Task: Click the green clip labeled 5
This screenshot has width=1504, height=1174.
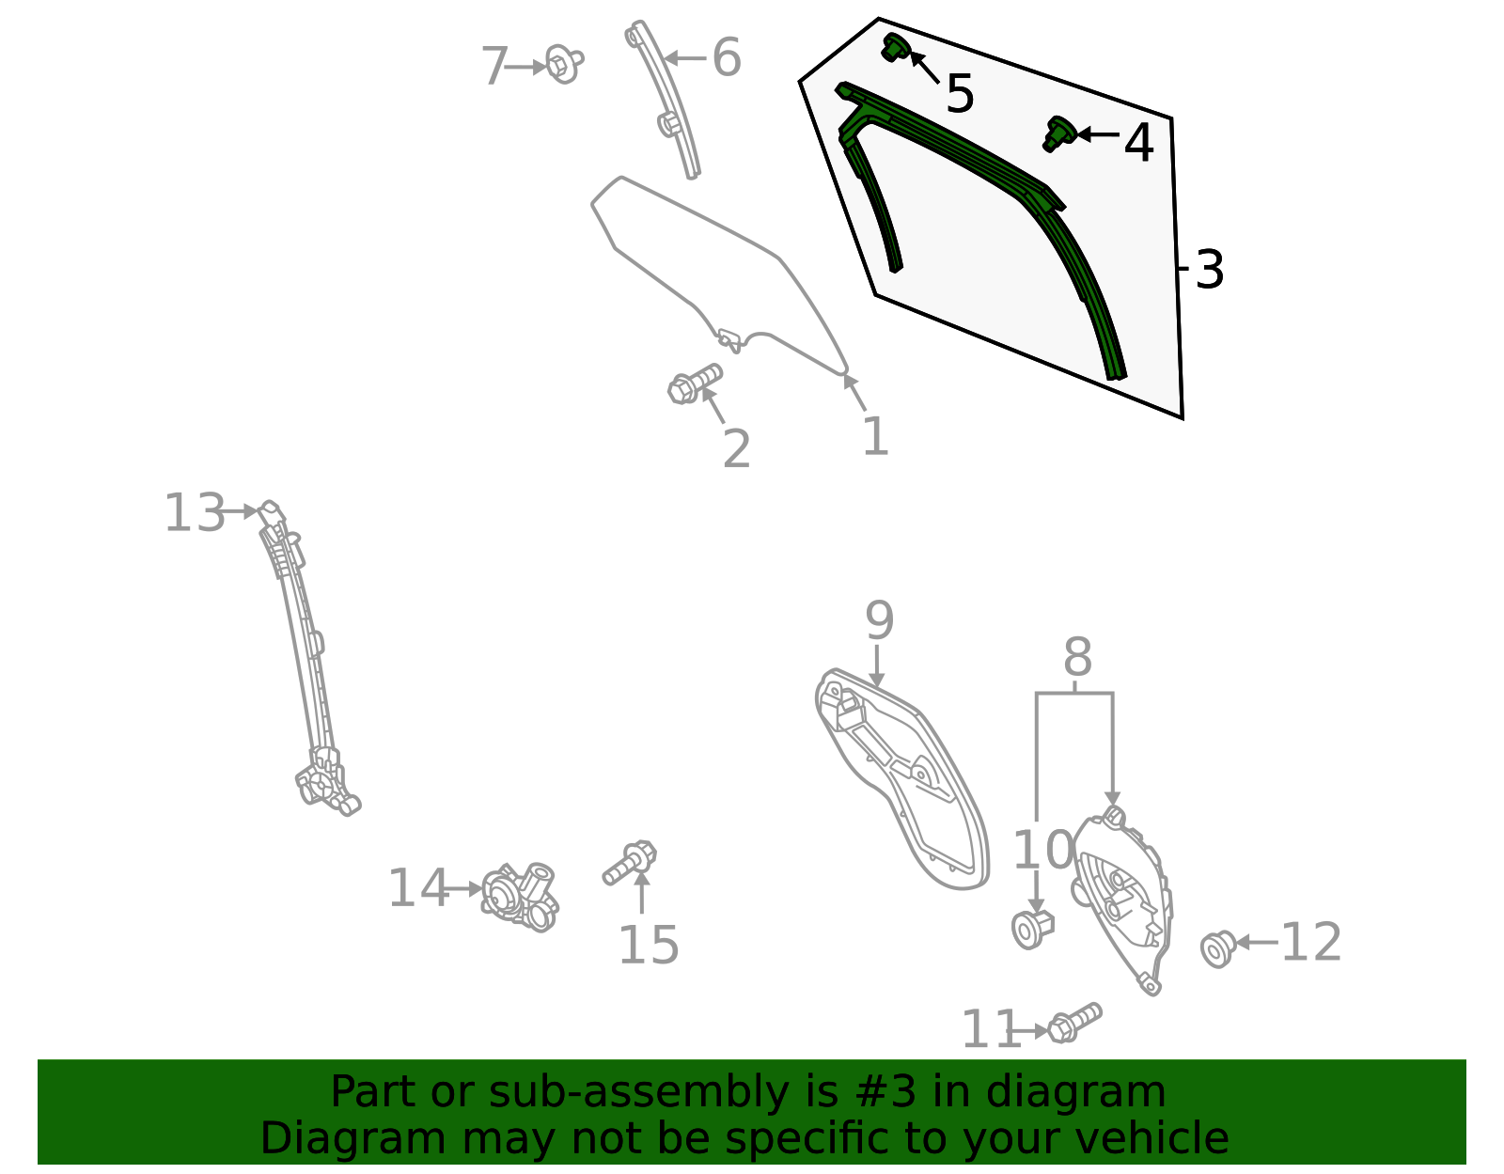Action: coord(893,47)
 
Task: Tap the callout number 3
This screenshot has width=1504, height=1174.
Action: coord(1209,270)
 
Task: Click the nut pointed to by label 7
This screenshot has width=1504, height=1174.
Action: coord(562,64)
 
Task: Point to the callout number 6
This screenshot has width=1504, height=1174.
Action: coord(726,58)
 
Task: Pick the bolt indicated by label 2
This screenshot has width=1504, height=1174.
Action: coord(694,384)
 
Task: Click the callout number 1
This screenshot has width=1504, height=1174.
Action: coord(874,437)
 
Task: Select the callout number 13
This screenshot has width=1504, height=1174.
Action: coord(195,513)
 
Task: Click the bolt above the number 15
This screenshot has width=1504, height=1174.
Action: coord(631,861)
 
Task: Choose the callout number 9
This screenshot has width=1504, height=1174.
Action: coord(879,621)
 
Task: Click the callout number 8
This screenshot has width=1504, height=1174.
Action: coord(1077,657)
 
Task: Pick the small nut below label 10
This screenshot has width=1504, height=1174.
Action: coord(1032,929)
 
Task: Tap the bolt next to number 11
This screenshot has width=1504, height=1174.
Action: coord(1074,1022)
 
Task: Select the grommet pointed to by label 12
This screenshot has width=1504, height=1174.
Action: coord(1218,948)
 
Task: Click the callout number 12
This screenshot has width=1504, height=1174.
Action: coord(1310,942)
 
